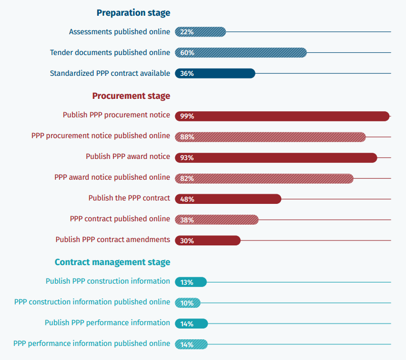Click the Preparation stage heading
[133, 12]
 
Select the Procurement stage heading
[131, 95]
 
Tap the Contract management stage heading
[112, 262]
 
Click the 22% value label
[187, 32]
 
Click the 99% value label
[187, 116]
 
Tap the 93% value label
[187, 158]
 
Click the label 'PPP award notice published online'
[112, 177]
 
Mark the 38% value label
[187, 220]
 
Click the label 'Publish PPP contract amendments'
[112, 239]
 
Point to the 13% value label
[187, 282]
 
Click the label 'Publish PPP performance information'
[107, 322]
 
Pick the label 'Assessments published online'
[119, 31]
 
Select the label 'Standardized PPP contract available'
[110, 73]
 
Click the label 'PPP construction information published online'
[92, 302]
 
